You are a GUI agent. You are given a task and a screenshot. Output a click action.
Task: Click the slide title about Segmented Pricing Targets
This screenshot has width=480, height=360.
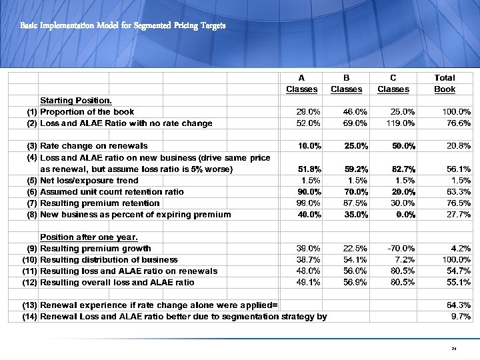pos(123,26)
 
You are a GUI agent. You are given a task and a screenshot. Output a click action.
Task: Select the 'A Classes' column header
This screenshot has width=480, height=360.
pos(302,83)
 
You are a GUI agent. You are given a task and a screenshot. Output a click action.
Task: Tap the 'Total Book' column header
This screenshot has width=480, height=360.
pos(445,83)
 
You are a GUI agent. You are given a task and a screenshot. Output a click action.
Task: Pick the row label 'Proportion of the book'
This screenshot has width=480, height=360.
pos(87,112)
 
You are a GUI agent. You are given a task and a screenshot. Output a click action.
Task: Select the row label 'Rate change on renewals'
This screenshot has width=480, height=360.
pos(94,146)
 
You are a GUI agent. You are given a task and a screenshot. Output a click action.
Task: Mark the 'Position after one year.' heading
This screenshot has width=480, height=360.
pos(89,237)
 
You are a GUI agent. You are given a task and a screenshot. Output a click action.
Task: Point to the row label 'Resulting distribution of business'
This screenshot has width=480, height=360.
pos(109,260)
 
